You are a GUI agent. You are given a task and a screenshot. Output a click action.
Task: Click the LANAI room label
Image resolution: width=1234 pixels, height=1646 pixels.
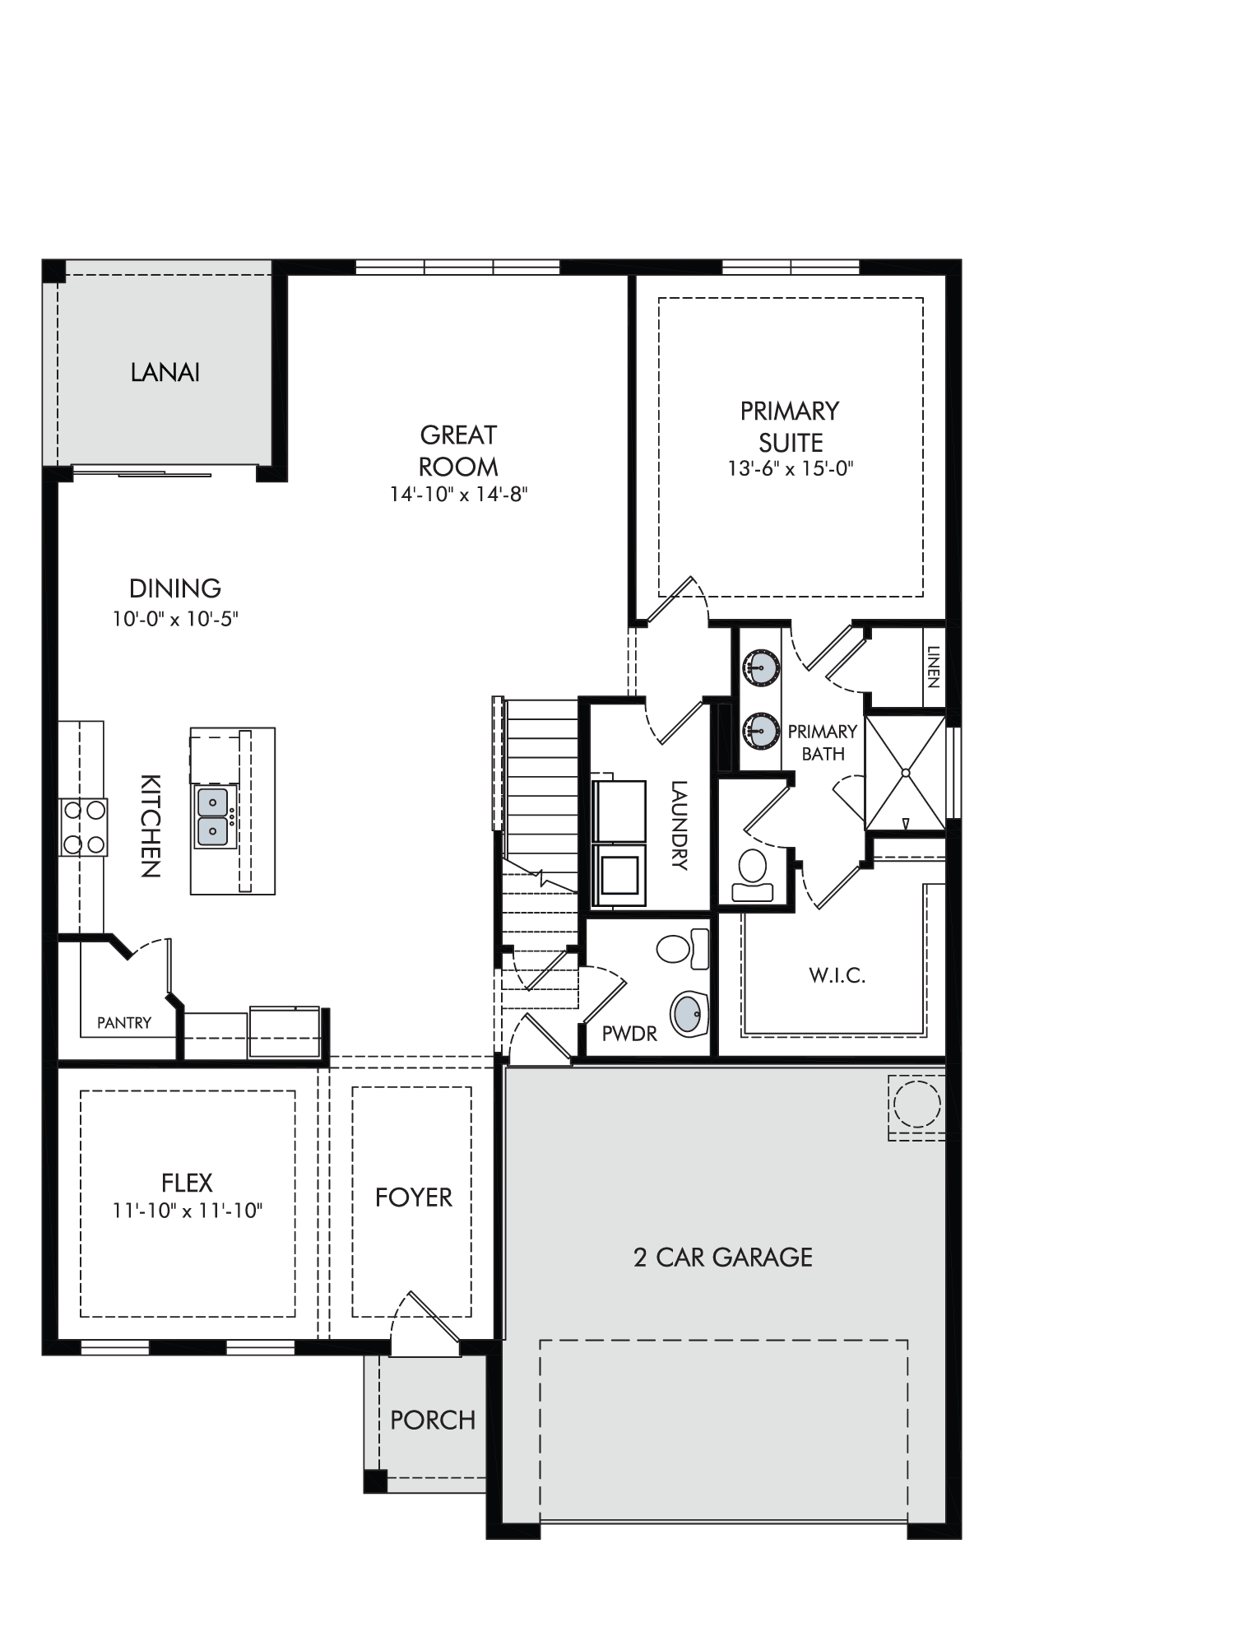[x=165, y=372]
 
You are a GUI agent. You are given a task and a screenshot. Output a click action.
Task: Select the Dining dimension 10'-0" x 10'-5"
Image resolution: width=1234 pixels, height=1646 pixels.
[x=175, y=618]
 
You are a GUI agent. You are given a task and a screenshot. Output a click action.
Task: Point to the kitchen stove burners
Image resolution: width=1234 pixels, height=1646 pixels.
[x=83, y=827]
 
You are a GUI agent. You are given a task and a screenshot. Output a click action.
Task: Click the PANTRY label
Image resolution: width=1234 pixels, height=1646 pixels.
[x=124, y=1022]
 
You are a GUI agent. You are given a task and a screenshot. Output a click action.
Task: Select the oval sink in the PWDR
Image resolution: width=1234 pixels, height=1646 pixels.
[x=690, y=1014]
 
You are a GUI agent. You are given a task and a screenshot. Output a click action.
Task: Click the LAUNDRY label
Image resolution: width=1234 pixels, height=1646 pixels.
[x=679, y=825]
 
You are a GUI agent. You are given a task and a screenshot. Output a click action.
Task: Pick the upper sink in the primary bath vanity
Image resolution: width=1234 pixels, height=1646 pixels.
[x=760, y=667]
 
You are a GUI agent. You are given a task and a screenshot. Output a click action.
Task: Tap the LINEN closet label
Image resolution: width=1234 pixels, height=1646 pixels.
[x=933, y=667]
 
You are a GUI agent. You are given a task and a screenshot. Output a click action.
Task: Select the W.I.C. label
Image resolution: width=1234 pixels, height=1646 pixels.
[x=837, y=976]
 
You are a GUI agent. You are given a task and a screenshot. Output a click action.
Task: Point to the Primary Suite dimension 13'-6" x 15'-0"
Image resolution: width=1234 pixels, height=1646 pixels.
[x=791, y=468]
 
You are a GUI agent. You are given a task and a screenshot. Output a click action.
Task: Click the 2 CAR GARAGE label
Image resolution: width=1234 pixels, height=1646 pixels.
[x=723, y=1257]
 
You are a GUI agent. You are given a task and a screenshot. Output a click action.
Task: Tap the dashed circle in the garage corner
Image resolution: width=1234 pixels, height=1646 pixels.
[x=916, y=1104]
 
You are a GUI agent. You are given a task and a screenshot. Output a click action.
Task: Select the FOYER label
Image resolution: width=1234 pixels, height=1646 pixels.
[x=414, y=1197]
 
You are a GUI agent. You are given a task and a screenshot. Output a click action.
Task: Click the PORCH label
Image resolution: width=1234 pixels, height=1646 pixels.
[x=433, y=1420]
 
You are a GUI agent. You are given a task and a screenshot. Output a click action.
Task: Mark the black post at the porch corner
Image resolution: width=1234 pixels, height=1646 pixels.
[x=375, y=1481]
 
